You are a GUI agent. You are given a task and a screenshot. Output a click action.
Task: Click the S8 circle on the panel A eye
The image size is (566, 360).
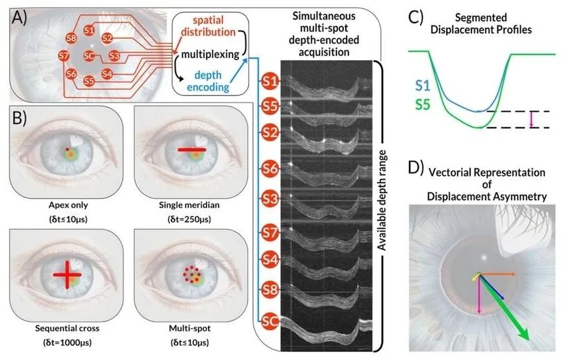(71, 37)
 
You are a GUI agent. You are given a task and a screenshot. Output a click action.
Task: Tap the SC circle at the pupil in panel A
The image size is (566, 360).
(89, 56)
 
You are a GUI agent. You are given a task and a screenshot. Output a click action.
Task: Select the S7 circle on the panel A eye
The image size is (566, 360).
(64, 56)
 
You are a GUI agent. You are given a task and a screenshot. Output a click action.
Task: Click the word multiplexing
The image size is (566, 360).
(210, 55)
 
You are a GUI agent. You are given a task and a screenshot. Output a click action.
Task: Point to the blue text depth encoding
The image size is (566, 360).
(208, 81)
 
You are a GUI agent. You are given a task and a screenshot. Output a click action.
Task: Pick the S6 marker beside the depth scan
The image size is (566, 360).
(269, 168)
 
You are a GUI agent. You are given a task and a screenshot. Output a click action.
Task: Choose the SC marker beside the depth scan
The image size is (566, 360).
(269, 321)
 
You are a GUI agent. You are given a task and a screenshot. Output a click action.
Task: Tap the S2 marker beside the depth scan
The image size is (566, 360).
(269, 132)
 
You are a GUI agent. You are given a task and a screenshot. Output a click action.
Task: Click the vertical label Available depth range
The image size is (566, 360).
(382, 200)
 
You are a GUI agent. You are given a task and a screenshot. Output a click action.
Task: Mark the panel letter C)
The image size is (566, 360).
(416, 17)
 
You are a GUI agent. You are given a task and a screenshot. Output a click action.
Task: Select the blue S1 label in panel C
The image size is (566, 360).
(423, 86)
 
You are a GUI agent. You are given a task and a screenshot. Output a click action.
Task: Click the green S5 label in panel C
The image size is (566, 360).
(423, 104)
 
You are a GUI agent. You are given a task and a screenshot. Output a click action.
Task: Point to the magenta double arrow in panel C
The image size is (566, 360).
(531, 120)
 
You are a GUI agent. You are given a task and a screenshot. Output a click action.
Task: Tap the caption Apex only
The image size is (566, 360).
(69, 205)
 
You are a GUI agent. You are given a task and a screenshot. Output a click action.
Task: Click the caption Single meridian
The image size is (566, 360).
(189, 205)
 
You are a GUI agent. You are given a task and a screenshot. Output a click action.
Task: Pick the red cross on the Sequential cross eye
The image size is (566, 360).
(67, 275)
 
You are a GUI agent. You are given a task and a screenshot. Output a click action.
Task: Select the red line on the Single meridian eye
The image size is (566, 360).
(192, 149)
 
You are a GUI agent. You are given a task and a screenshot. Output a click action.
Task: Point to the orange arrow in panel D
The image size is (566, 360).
(497, 274)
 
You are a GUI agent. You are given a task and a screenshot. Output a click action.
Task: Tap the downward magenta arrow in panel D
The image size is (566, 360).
(479, 294)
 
